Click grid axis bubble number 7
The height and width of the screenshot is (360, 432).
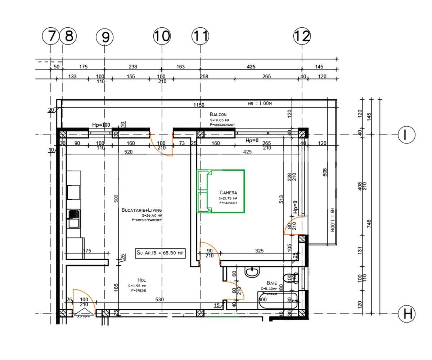pyautogui.click(x=51, y=36)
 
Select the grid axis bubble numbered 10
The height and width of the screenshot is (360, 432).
pyautogui.click(x=162, y=36)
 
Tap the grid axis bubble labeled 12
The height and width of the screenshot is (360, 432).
pyautogui.click(x=302, y=36)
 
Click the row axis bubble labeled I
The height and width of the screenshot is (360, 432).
pyautogui.click(x=406, y=135)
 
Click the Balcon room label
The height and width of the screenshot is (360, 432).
pyautogui.click(x=218, y=114)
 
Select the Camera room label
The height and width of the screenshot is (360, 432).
pyautogui.click(x=228, y=193)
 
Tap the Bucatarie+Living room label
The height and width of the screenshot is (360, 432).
pyautogui.click(x=141, y=210)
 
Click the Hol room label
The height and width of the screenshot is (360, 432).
pyautogui.click(x=141, y=280)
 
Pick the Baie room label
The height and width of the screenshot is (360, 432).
pyautogui.click(x=272, y=283)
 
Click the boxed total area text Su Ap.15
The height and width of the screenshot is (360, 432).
pyautogui.click(x=160, y=253)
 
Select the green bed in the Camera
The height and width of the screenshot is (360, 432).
pyautogui.click(x=221, y=191)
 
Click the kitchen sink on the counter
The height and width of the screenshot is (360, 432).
pyautogui.click(x=74, y=218)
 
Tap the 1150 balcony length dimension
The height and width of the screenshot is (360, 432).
pyautogui.click(x=199, y=105)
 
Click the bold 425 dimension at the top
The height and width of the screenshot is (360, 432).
pyautogui.click(x=251, y=67)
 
